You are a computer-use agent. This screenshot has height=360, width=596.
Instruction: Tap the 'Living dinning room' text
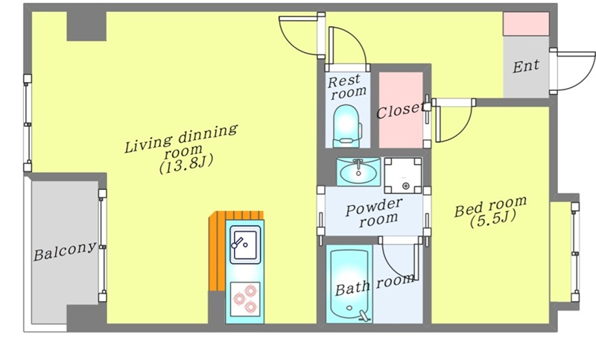click(180, 140)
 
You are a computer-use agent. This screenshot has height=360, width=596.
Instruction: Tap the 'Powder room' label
click(374, 212)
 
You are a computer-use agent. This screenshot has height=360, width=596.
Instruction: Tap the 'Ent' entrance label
click(526, 66)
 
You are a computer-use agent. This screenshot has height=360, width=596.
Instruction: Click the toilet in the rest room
click(346, 125)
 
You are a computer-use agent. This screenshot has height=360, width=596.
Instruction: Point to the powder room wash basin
click(358, 173)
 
